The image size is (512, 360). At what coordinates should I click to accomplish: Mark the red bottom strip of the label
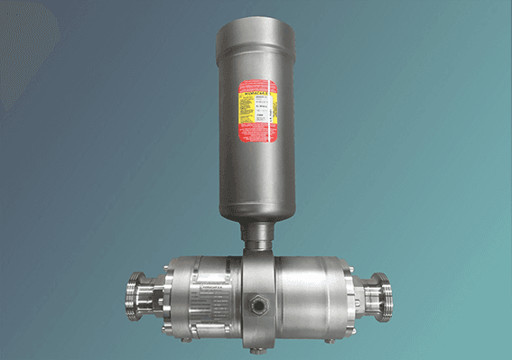click(261, 139)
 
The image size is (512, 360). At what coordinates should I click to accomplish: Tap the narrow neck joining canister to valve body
click(260, 236)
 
